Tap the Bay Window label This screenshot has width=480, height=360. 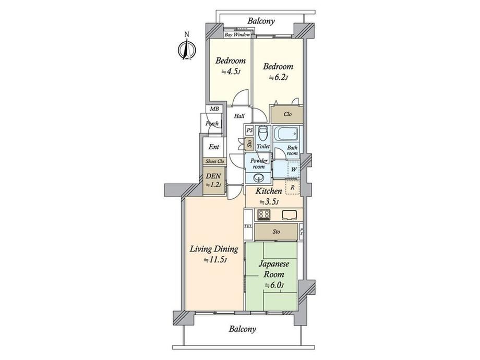click(x=237, y=35)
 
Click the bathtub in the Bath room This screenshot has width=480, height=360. click(x=286, y=134)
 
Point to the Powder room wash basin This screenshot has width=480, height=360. click(x=259, y=177)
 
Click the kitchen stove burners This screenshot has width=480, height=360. click(x=263, y=214)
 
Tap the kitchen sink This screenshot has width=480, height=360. click(x=289, y=215)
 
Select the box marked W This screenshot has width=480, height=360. click(x=294, y=169)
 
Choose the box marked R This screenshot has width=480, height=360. click(x=293, y=187)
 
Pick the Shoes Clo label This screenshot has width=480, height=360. click(x=214, y=161)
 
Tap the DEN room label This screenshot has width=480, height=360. click(x=213, y=176)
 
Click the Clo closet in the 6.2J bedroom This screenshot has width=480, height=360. click(x=287, y=114)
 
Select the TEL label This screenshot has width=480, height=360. click(x=248, y=226)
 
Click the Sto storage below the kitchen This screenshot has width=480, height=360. click(x=276, y=232)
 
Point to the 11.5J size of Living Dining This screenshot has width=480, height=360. click(x=215, y=260)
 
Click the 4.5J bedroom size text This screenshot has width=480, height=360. click(x=231, y=72)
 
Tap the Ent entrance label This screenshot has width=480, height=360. click(x=214, y=147)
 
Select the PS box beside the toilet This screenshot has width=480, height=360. click(x=249, y=130)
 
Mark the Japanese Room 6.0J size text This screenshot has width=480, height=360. click(x=274, y=285)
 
